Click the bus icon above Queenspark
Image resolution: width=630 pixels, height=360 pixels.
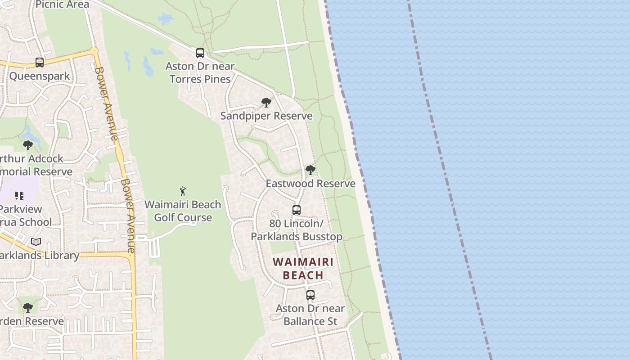(x=40, y=63)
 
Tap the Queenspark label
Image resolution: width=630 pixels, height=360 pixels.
(x=40, y=76)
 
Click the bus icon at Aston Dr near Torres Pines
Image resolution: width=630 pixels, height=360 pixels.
(x=200, y=53)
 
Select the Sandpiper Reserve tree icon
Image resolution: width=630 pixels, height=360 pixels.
(x=266, y=103)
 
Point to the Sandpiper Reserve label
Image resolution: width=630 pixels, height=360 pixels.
(x=266, y=116)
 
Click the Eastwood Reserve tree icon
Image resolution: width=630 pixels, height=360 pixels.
(x=310, y=170)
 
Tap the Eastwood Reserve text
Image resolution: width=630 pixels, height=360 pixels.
(x=310, y=183)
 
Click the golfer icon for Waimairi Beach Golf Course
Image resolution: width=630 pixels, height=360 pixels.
(x=183, y=191)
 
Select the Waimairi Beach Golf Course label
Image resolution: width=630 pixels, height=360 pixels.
(x=183, y=211)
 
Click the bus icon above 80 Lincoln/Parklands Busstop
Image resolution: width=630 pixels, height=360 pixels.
(x=296, y=210)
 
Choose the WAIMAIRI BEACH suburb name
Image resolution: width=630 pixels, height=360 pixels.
(x=303, y=268)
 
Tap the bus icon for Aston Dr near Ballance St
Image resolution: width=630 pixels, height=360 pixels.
(x=310, y=295)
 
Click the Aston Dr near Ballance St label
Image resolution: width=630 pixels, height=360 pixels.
(x=310, y=315)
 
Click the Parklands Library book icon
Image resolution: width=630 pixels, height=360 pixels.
(x=36, y=242)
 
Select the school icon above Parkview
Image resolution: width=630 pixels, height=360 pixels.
(x=19, y=196)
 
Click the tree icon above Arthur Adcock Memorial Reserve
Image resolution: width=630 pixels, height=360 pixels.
(x=28, y=145)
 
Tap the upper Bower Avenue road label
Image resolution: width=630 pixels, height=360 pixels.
(x=106, y=103)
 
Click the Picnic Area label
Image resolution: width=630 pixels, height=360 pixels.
(x=62, y=4)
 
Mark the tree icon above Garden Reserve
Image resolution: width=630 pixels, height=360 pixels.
(x=28, y=308)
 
